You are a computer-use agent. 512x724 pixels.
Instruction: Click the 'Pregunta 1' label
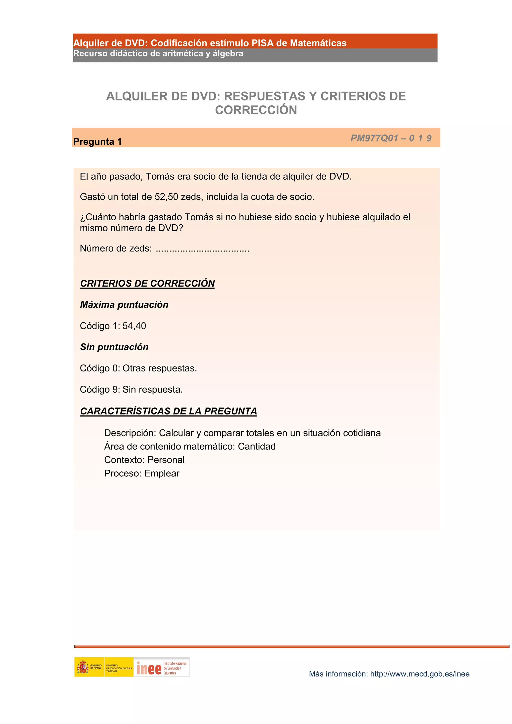point(97,142)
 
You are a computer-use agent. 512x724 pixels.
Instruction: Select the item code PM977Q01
point(374,138)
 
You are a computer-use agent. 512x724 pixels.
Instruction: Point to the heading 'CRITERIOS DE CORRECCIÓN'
point(147,283)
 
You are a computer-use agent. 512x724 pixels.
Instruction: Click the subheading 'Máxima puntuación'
point(124,305)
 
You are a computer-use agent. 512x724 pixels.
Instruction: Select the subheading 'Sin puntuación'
point(114,347)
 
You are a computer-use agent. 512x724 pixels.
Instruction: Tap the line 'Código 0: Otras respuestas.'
point(138,368)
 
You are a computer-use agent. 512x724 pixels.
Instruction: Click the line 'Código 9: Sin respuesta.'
point(131,389)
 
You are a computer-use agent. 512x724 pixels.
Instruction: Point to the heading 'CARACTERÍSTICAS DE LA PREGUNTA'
point(168,411)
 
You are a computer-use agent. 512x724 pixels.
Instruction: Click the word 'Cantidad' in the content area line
point(256,446)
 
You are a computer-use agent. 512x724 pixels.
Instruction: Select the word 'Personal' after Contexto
point(166,460)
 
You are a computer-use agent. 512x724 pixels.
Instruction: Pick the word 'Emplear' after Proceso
point(162,473)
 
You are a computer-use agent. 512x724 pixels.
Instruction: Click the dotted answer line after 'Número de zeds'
point(202,249)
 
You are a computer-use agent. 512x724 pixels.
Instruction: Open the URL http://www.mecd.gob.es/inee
point(419,674)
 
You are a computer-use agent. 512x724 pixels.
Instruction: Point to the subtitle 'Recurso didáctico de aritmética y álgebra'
point(158,54)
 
